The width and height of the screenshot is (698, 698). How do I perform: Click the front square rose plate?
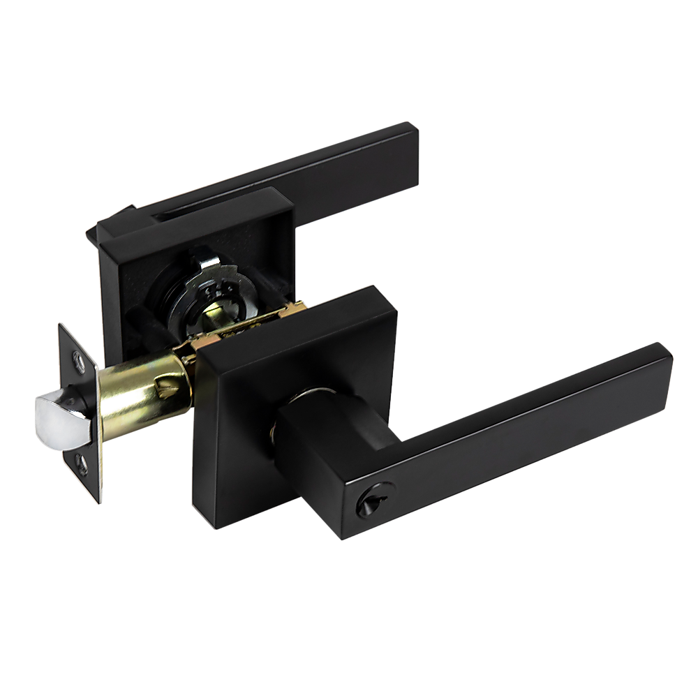point(230,447)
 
